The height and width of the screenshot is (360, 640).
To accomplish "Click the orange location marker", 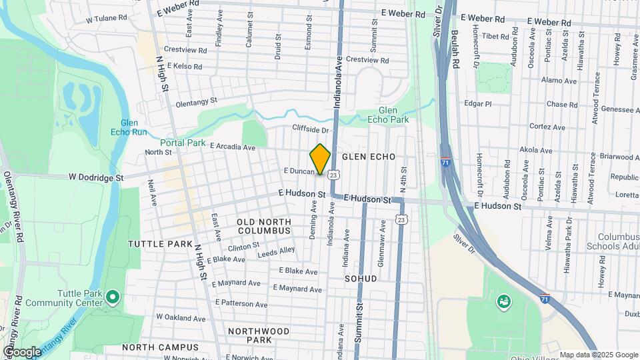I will click(321, 159).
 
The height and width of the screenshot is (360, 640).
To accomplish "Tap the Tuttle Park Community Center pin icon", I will click(113, 295).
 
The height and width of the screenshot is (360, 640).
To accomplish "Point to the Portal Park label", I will click(183, 143).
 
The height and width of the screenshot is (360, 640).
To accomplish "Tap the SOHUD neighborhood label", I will click(361, 278).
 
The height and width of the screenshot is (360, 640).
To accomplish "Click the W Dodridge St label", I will click(96, 178).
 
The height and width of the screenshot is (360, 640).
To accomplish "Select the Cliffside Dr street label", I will click(311, 129).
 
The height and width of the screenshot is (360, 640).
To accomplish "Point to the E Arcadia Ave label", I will click(233, 147).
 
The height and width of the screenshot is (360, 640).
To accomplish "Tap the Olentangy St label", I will click(197, 103).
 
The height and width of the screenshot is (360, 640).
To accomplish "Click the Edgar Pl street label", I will click(477, 104).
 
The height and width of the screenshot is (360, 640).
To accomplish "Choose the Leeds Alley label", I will click(276, 251).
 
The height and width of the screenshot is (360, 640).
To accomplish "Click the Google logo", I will click(22, 351).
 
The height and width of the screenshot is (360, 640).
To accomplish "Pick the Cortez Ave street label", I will click(547, 127).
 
